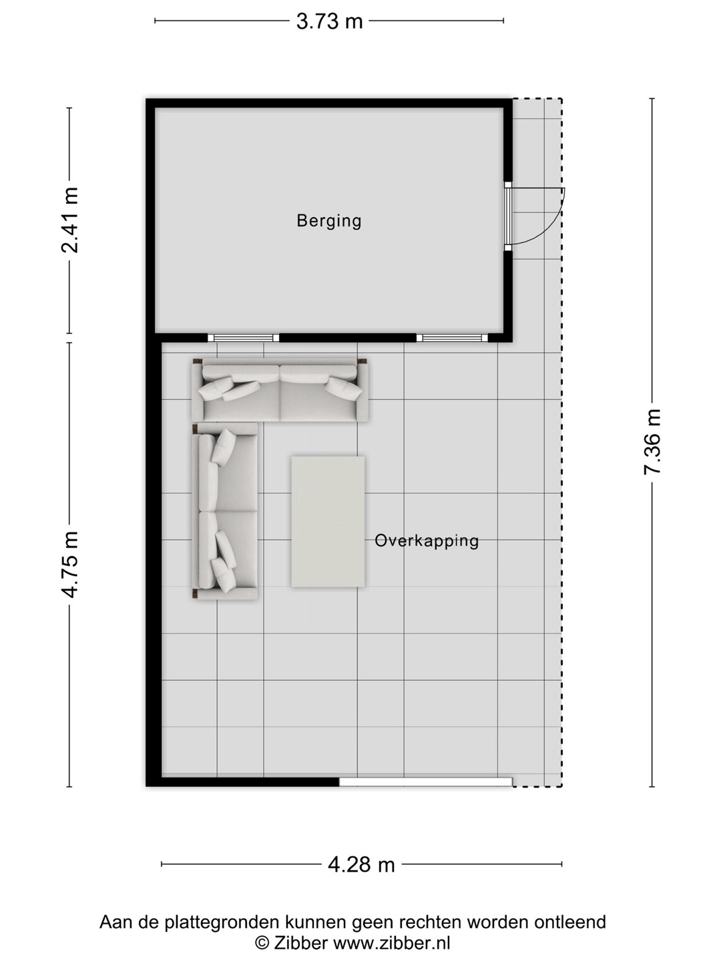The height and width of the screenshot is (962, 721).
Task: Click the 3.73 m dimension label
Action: coord(329,21)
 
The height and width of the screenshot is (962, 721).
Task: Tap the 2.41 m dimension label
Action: coord(69,220)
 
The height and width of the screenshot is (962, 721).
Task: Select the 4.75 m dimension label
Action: coord(69,565)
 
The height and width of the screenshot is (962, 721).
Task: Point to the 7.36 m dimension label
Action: coord(652,442)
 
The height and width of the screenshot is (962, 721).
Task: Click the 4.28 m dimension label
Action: coord(361,864)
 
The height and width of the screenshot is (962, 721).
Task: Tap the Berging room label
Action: coord(329,221)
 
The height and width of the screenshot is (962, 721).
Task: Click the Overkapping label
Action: coord(427,541)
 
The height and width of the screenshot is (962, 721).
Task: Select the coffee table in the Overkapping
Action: coord(328,522)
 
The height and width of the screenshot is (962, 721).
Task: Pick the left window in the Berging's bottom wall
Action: coord(243,338)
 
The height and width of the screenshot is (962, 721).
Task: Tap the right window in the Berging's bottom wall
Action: coord(452,338)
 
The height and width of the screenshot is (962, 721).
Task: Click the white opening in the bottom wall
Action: coord(425,782)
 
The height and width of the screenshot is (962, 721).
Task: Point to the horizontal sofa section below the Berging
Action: coord(280,390)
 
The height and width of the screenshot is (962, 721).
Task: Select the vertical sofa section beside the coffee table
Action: coord(225,511)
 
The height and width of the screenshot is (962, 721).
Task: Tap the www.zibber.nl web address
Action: coord(391,942)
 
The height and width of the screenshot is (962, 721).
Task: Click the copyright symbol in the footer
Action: coord(262,942)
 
